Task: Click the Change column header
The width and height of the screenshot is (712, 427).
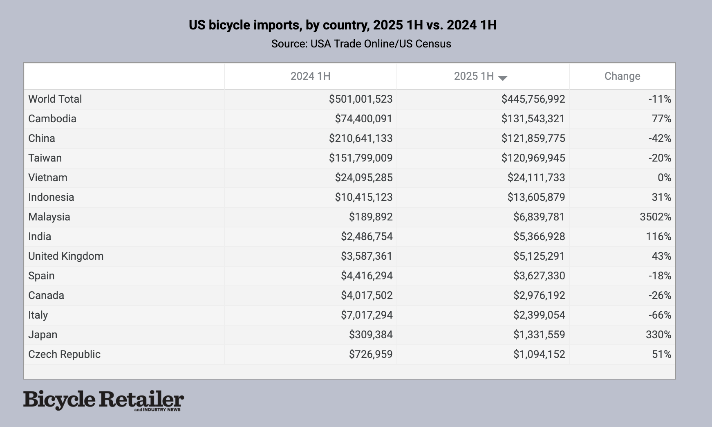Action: (x=622, y=76)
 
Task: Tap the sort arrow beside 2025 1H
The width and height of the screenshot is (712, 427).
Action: (x=503, y=78)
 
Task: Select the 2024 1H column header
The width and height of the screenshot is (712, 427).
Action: (x=310, y=76)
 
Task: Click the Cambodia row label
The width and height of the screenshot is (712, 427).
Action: (x=52, y=119)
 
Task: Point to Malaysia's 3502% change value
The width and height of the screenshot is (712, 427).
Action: (x=655, y=217)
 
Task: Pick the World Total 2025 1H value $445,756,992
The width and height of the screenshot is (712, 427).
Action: (x=533, y=99)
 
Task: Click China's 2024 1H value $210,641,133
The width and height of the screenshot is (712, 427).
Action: (x=360, y=139)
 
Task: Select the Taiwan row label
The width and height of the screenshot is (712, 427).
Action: (x=45, y=158)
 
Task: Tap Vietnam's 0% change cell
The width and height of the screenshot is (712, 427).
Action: (x=664, y=178)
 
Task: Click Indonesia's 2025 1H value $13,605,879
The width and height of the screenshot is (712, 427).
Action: (x=536, y=198)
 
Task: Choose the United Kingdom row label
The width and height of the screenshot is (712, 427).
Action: (x=66, y=256)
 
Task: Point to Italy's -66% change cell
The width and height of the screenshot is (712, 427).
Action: (x=660, y=315)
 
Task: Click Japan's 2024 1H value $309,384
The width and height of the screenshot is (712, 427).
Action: (x=370, y=335)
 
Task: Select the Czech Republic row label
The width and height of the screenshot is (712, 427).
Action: (x=64, y=355)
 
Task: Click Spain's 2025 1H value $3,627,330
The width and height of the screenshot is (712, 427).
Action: (x=539, y=276)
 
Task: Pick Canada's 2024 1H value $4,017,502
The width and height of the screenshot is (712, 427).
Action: (x=367, y=296)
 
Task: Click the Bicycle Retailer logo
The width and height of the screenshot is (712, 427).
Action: (x=103, y=400)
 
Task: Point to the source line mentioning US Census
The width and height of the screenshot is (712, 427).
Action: (x=361, y=44)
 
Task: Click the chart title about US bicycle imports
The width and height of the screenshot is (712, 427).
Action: (x=343, y=25)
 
